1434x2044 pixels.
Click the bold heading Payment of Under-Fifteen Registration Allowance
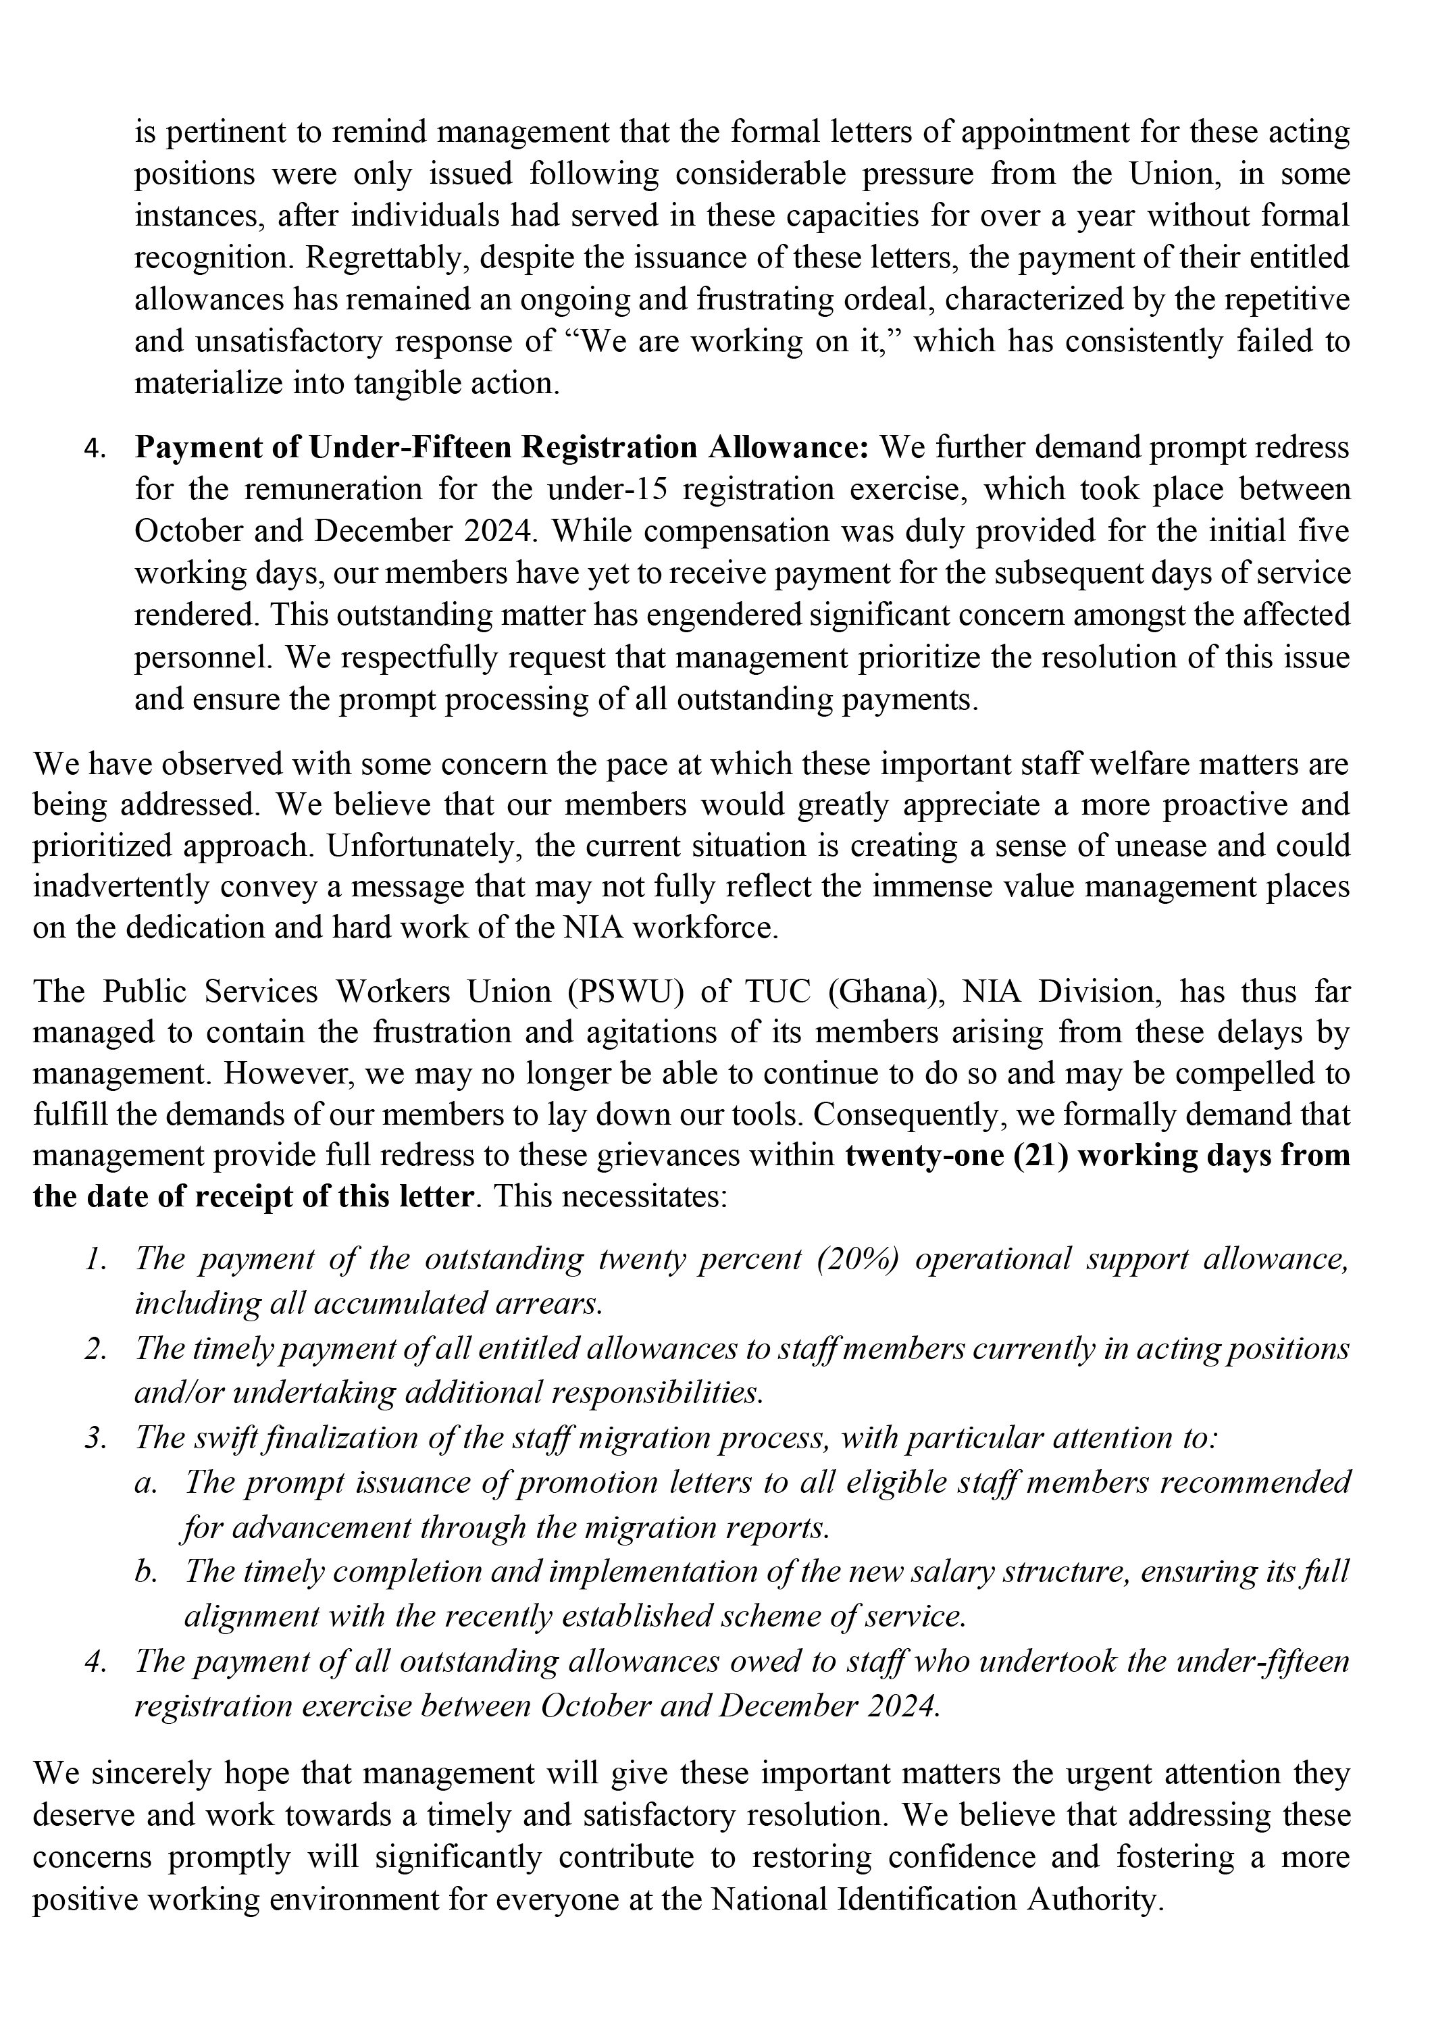tap(501, 447)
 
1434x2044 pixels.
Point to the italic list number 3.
tap(95, 1439)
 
